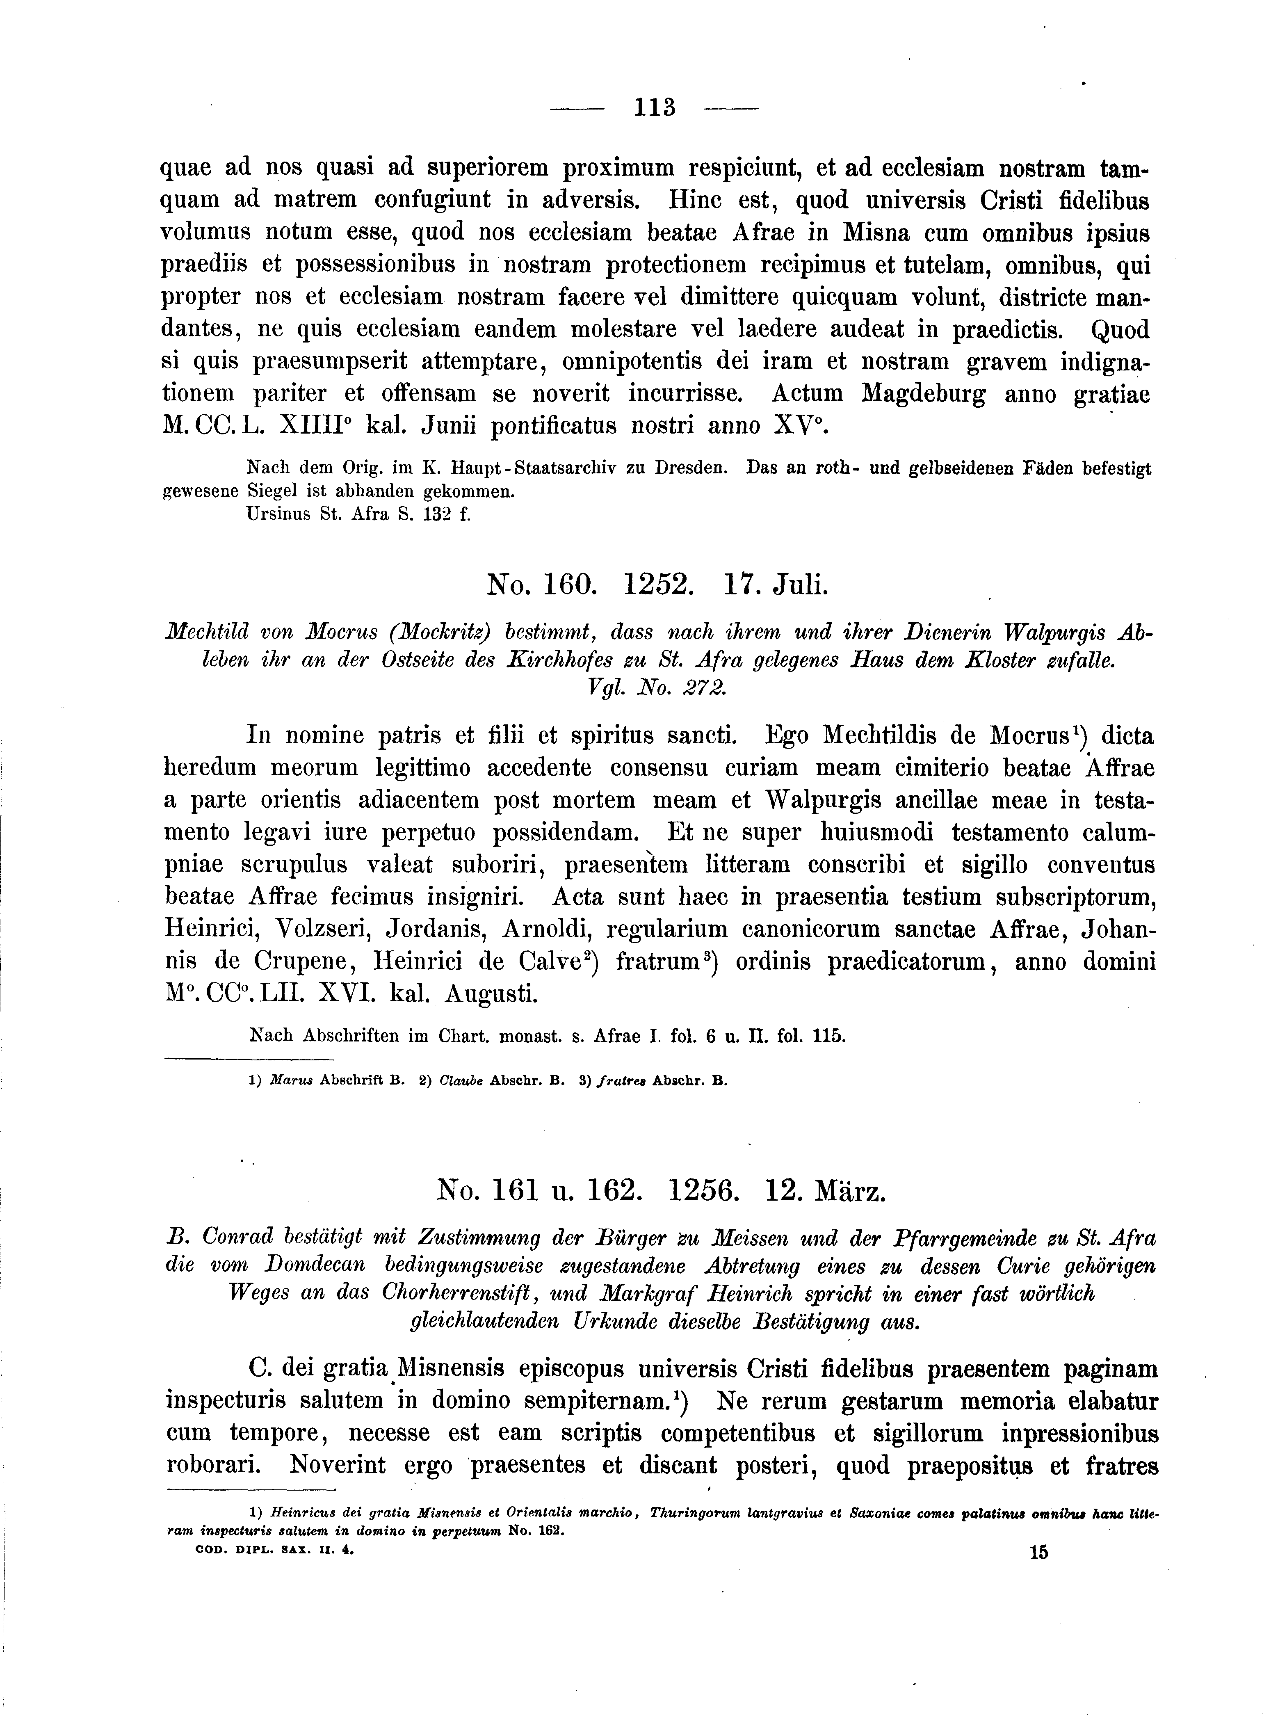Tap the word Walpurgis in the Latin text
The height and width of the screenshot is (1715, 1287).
pyautogui.click(x=824, y=800)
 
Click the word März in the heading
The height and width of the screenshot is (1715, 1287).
pyautogui.click(x=849, y=1211)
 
